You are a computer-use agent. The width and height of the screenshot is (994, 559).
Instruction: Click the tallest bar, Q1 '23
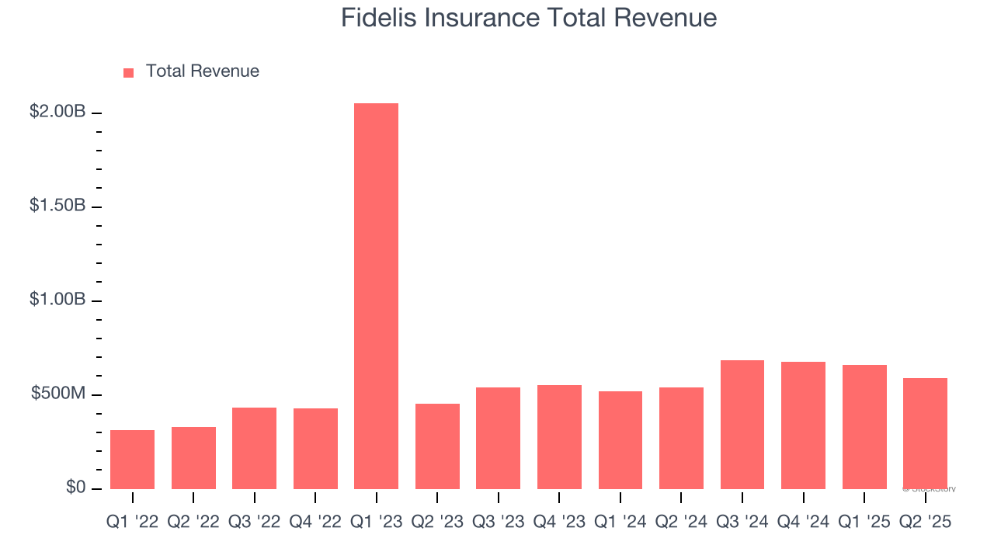coord(376,295)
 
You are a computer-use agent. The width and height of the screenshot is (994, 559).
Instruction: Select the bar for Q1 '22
coord(132,460)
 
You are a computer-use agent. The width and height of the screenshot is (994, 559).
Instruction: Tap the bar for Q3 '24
coord(742,425)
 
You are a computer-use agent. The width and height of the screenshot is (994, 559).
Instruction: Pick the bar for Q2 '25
coord(925,433)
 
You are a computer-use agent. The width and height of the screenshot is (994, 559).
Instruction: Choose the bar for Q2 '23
coord(437,446)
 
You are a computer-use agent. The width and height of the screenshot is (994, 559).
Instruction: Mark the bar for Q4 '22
coord(315,449)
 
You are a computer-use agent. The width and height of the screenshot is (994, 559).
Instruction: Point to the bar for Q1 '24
coord(620,440)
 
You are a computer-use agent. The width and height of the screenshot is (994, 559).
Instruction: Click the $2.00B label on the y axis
coord(57,112)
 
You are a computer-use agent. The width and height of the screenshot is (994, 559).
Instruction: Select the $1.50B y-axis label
coord(57,206)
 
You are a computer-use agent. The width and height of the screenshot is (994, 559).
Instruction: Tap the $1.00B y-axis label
coord(57,300)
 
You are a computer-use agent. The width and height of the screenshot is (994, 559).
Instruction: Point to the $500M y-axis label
coord(58,394)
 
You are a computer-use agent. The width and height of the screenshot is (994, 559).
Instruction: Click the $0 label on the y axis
coord(75,488)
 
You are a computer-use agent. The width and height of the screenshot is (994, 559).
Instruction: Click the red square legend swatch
coord(129,72)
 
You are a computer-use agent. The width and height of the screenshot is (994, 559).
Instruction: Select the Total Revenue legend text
coord(202,71)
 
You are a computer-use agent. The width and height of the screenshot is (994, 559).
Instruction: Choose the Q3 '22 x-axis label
coord(254,523)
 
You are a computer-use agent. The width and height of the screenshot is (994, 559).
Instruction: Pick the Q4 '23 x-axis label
coord(559,523)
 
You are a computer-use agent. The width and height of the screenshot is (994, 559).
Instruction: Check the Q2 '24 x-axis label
coord(681,523)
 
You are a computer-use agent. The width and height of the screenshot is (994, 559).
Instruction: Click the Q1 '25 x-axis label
coord(864,523)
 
